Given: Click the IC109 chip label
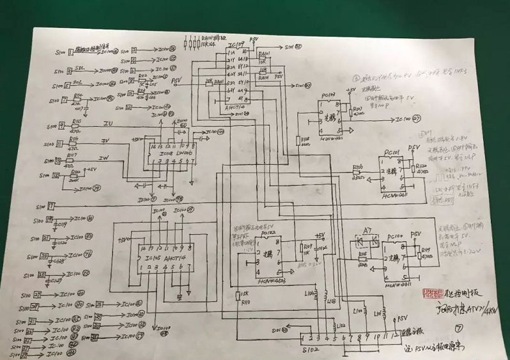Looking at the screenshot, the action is [236, 45].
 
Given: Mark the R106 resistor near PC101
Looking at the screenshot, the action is [357, 168].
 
